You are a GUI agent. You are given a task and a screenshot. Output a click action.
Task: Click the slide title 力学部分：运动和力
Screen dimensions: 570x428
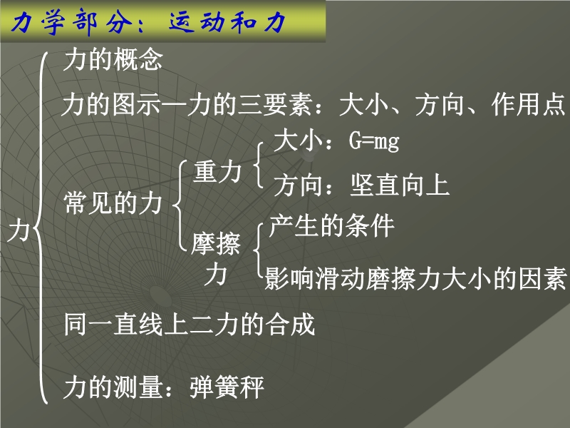tap(148, 22)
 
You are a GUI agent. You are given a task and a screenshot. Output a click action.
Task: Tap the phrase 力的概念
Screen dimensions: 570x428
tap(113, 60)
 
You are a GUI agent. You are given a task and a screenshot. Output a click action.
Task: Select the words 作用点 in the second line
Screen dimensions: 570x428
tap(529, 105)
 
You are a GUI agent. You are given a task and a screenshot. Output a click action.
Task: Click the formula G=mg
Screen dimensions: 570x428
tap(374, 141)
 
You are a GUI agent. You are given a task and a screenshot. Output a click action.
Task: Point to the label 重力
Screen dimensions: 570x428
tap(217, 171)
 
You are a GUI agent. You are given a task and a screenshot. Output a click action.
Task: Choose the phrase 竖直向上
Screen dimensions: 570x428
tap(399, 185)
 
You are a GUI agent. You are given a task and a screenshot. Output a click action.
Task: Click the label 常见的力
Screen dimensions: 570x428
tap(113, 203)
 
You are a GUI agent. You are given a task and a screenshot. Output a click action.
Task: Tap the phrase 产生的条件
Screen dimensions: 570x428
tap(331, 225)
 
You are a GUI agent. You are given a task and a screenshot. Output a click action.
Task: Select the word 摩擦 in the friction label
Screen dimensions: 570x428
tap(216, 243)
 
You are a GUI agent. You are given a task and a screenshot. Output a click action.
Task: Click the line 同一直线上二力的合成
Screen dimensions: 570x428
tap(189, 324)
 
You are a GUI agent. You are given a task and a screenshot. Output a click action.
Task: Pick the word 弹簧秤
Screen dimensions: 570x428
tap(227, 387)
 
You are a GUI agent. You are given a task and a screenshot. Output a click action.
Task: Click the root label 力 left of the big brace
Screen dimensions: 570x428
tap(19, 230)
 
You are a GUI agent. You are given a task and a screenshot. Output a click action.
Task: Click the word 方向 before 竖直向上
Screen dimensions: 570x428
tap(297, 185)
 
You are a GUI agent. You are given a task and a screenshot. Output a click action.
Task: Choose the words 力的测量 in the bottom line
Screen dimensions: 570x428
tap(113, 387)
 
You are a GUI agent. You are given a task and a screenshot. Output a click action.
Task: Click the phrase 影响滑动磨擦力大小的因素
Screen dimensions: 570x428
tap(415, 279)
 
